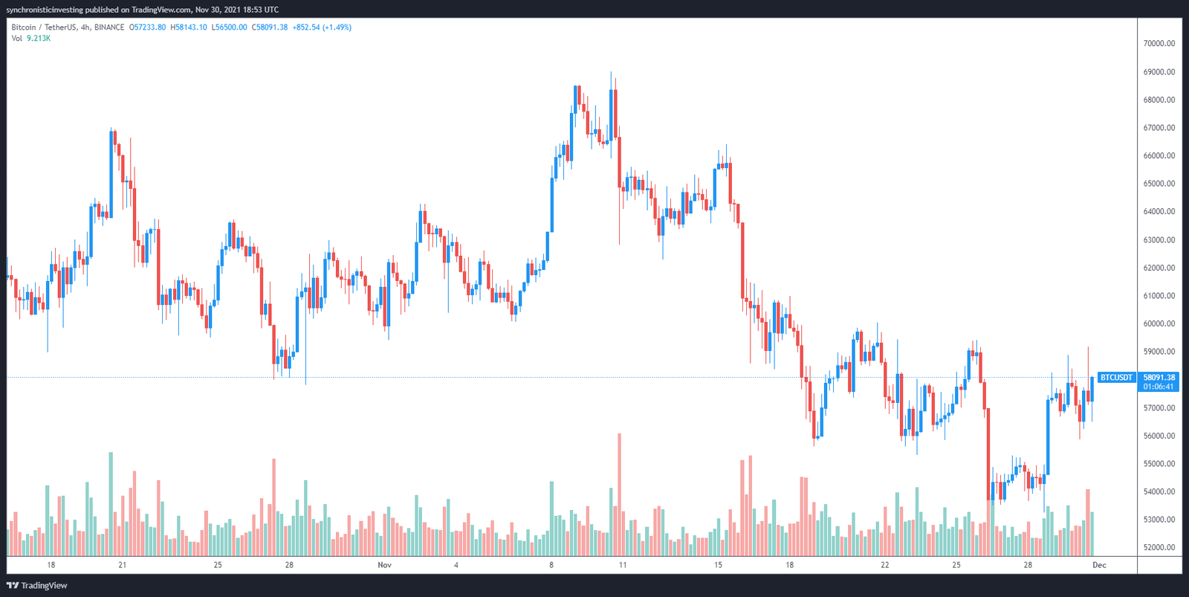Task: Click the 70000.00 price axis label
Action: pos(1159,44)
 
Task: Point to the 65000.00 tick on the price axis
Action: pos(1159,184)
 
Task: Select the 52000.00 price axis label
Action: pos(1159,547)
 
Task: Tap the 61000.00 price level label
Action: pos(1159,296)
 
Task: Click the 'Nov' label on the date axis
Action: pos(384,565)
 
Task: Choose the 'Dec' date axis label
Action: pos(1099,565)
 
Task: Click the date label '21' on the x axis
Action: pos(123,565)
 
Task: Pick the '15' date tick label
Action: pos(718,565)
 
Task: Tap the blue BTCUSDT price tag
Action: pos(1116,378)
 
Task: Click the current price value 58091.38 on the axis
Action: pos(1159,378)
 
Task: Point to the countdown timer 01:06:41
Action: pos(1159,387)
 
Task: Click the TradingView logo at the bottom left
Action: pos(36,586)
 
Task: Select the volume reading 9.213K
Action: pos(39,39)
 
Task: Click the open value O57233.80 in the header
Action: pos(148,28)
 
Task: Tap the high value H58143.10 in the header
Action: pos(189,28)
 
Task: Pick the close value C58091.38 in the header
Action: pos(270,28)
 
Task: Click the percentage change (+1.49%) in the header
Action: pos(337,28)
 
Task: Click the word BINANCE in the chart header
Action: pos(109,28)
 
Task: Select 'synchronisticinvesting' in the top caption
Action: pos(44,10)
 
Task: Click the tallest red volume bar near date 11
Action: pos(619,494)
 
